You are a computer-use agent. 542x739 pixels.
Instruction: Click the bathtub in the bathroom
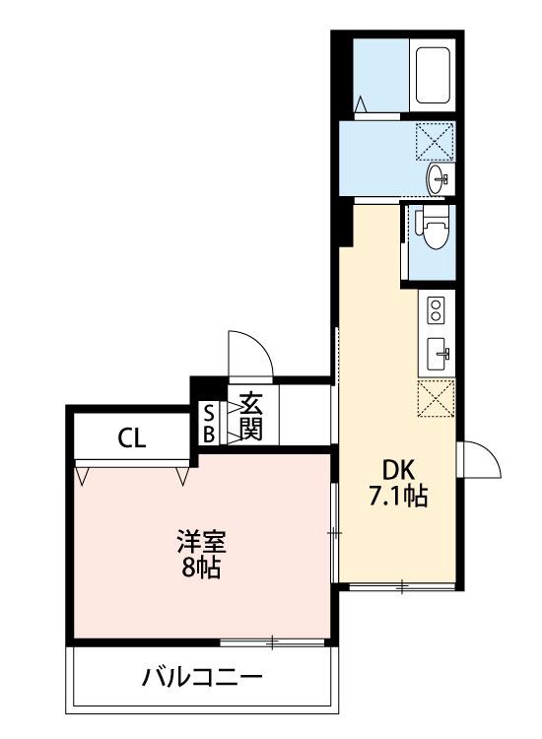coord(433,74)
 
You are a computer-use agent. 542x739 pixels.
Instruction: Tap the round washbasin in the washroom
coord(438,179)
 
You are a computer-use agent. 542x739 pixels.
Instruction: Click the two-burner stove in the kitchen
coord(435,312)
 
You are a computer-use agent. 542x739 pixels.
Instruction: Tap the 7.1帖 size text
coord(397,498)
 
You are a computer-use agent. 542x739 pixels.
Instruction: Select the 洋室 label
coord(202,542)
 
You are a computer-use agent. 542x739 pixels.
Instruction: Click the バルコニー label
coord(201,678)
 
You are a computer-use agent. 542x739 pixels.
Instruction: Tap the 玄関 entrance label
coord(249,416)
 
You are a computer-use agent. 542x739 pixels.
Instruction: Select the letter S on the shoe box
coord(209,413)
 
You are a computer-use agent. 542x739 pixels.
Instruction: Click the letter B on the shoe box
coord(209,432)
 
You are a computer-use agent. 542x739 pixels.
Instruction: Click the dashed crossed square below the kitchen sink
coord(435,398)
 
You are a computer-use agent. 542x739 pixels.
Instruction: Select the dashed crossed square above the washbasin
coord(434,141)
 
